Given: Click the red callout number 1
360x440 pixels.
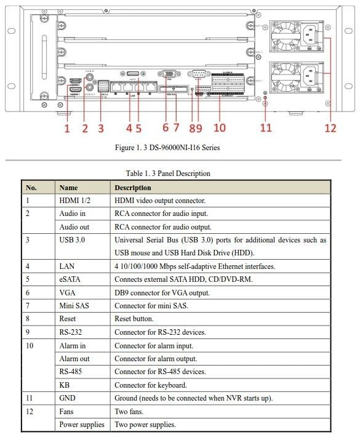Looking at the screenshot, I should coord(67,129).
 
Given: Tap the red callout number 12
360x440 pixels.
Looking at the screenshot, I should coord(331,129).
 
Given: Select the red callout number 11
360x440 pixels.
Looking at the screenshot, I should coord(265,129).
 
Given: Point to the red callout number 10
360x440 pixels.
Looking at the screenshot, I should coord(220,129).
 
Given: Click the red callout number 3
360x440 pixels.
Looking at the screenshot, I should coord(101,129).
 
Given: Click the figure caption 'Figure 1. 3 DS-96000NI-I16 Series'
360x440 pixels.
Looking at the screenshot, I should coord(167,148).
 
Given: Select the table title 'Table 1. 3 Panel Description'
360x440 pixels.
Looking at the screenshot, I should coord(167,174).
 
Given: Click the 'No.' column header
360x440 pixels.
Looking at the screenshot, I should coord(31,188).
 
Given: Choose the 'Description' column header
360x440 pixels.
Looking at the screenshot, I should coord(132,188).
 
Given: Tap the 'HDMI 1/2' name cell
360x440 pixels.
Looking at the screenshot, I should coord(74,201).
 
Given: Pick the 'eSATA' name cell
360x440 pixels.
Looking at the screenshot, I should coord(70,279).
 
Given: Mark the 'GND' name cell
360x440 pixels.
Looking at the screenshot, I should coord(67,398).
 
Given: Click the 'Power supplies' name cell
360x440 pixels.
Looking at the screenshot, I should coord(81,425).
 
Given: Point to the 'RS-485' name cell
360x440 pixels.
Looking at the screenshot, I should coord(71,372).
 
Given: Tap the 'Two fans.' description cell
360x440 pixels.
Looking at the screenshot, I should coord(129,411).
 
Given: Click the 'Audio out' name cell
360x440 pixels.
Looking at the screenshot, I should coord(74,227).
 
